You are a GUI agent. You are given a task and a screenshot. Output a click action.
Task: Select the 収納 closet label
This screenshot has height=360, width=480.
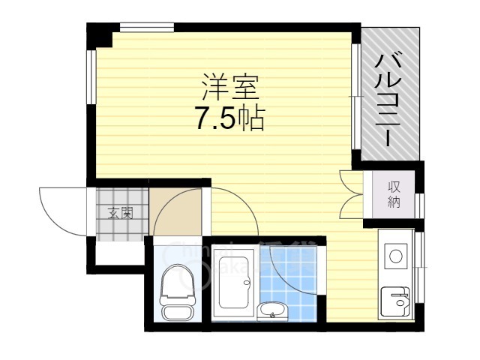point(394,194)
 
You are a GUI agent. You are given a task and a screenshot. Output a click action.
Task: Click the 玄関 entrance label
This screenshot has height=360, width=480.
point(120,213)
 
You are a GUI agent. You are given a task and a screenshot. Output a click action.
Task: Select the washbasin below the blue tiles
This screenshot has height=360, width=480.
point(271,310)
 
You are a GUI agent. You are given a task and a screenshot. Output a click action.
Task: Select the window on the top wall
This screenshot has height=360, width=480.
point(147,28)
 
